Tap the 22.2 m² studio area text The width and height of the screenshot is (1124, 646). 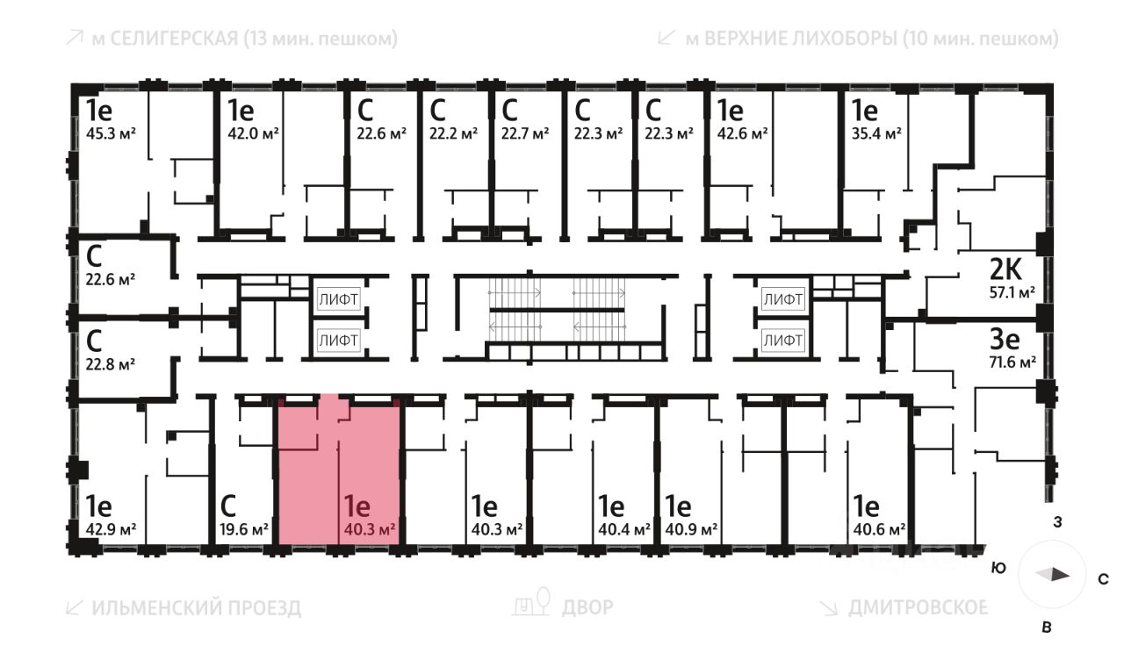coord(453,133)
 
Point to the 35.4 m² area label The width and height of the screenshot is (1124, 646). coord(877,133)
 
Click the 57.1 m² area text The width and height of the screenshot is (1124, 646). coord(1009,292)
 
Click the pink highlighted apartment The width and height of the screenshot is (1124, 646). coord(339,474)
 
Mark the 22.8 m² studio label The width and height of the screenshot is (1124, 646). coord(110,362)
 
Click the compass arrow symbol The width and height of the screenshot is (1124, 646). coord(1053,575)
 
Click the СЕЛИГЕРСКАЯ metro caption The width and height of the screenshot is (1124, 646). coord(231,39)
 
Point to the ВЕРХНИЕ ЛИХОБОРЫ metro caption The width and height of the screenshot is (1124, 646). coord(858,39)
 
